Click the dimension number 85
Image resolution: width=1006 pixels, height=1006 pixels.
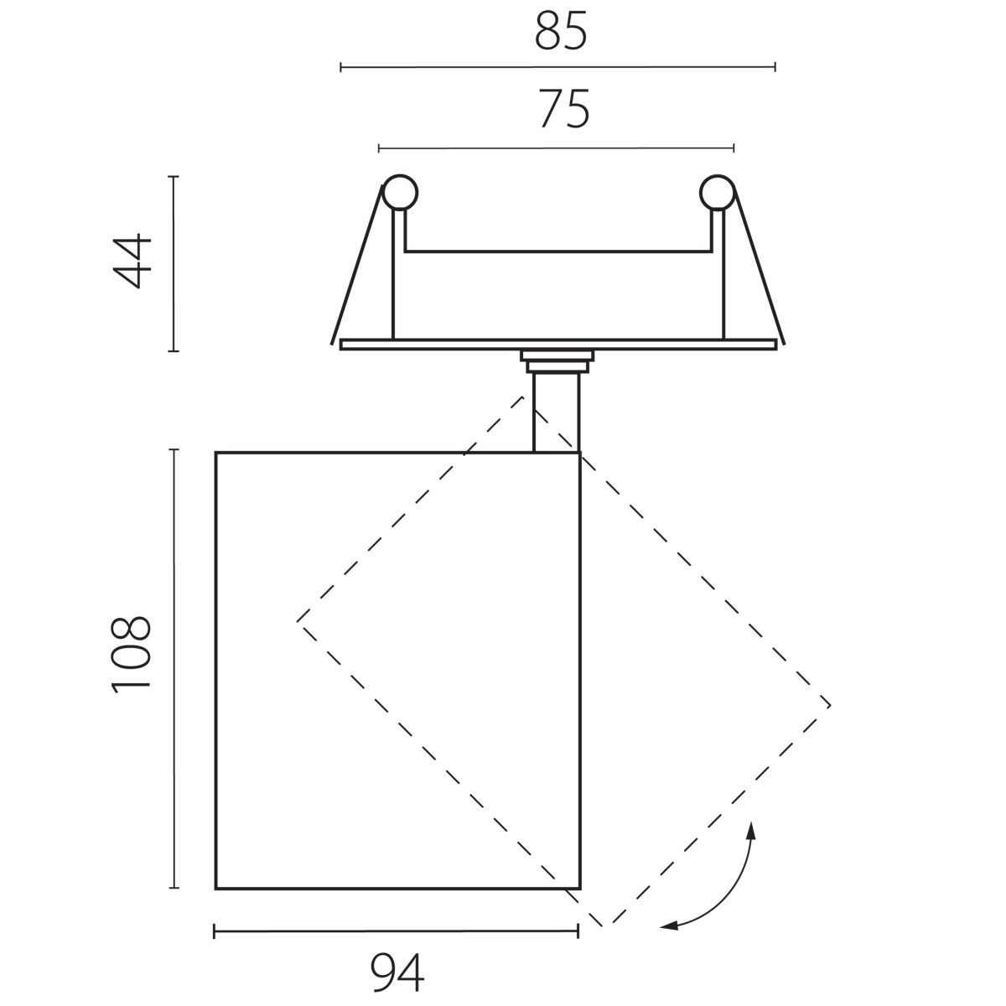tap(561, 31)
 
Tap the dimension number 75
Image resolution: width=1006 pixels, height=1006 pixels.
tap(564, 109)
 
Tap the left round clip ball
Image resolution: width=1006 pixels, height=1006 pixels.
tap(400, 193)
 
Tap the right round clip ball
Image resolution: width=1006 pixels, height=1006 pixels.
tap(718, 193)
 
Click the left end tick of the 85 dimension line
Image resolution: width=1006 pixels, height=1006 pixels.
tap(341, 67)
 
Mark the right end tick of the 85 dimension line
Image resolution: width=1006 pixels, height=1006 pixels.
tap(775, 67)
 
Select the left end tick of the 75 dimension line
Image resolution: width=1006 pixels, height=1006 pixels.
tap(379, 148)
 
